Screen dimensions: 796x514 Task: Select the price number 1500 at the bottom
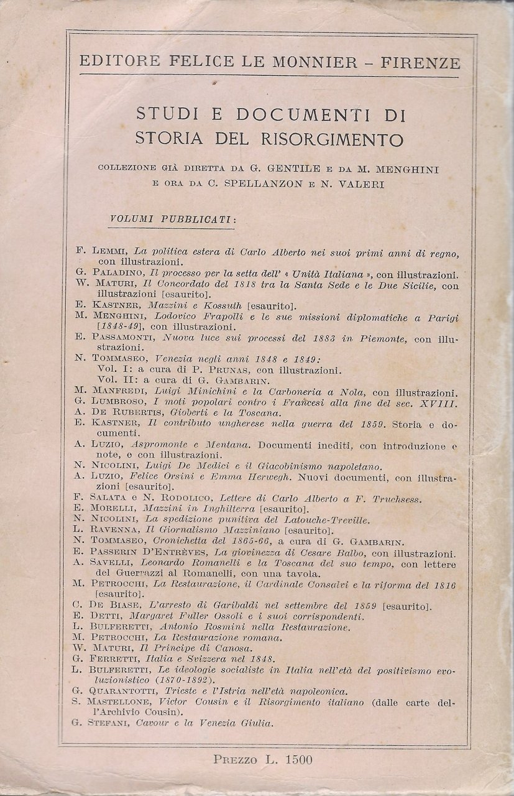click(x=297, y=759)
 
